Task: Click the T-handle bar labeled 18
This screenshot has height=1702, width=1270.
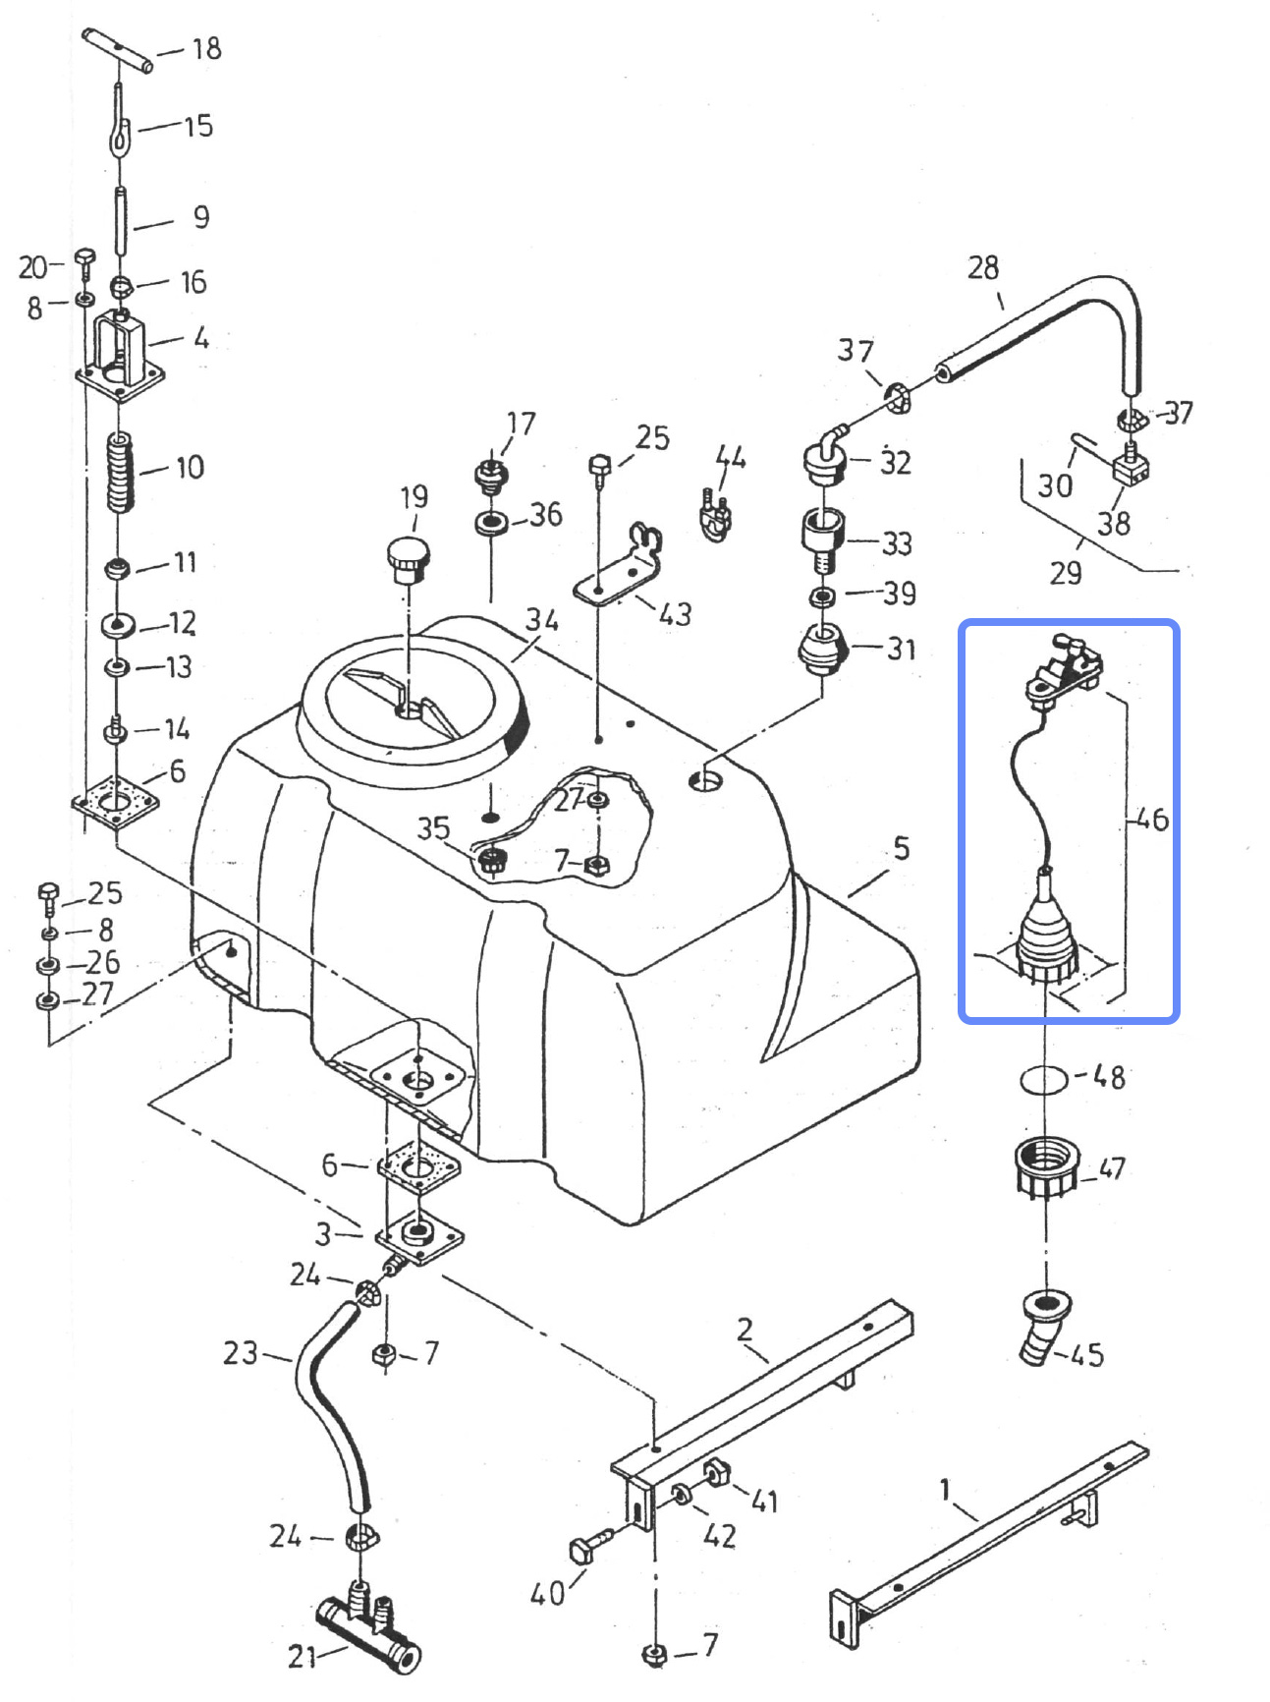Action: point(117,51)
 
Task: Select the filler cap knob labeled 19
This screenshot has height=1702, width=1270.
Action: point(408,560)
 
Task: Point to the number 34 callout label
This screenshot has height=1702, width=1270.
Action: point(541,620)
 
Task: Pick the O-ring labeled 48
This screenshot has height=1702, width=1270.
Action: point(1044,1079)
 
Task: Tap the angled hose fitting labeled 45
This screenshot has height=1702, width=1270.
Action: point(1045,1325)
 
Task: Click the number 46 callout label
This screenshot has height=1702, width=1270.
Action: point(1152,819)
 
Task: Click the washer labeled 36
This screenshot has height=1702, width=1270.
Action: point(491,523)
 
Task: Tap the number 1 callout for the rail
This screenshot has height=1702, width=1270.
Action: point(946,1490)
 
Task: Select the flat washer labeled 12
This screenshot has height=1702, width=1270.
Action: point(118,625)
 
